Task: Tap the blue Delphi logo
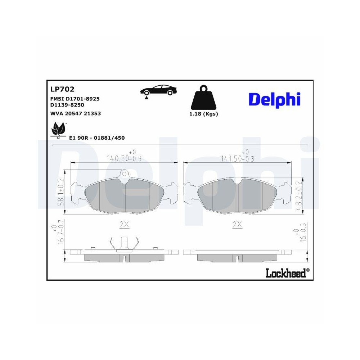tap(274, 99)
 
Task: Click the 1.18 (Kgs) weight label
tap(203, 114)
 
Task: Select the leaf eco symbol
tap(59, 129)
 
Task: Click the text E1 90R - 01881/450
tap(96, 138)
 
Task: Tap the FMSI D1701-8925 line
tap(75, 98)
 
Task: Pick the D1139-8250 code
tap(67, 104)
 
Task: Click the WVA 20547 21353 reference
tap(75, 113)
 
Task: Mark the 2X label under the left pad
tap(124, 225)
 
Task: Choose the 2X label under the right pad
tap(237, 225)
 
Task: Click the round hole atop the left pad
tap(124, 175)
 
